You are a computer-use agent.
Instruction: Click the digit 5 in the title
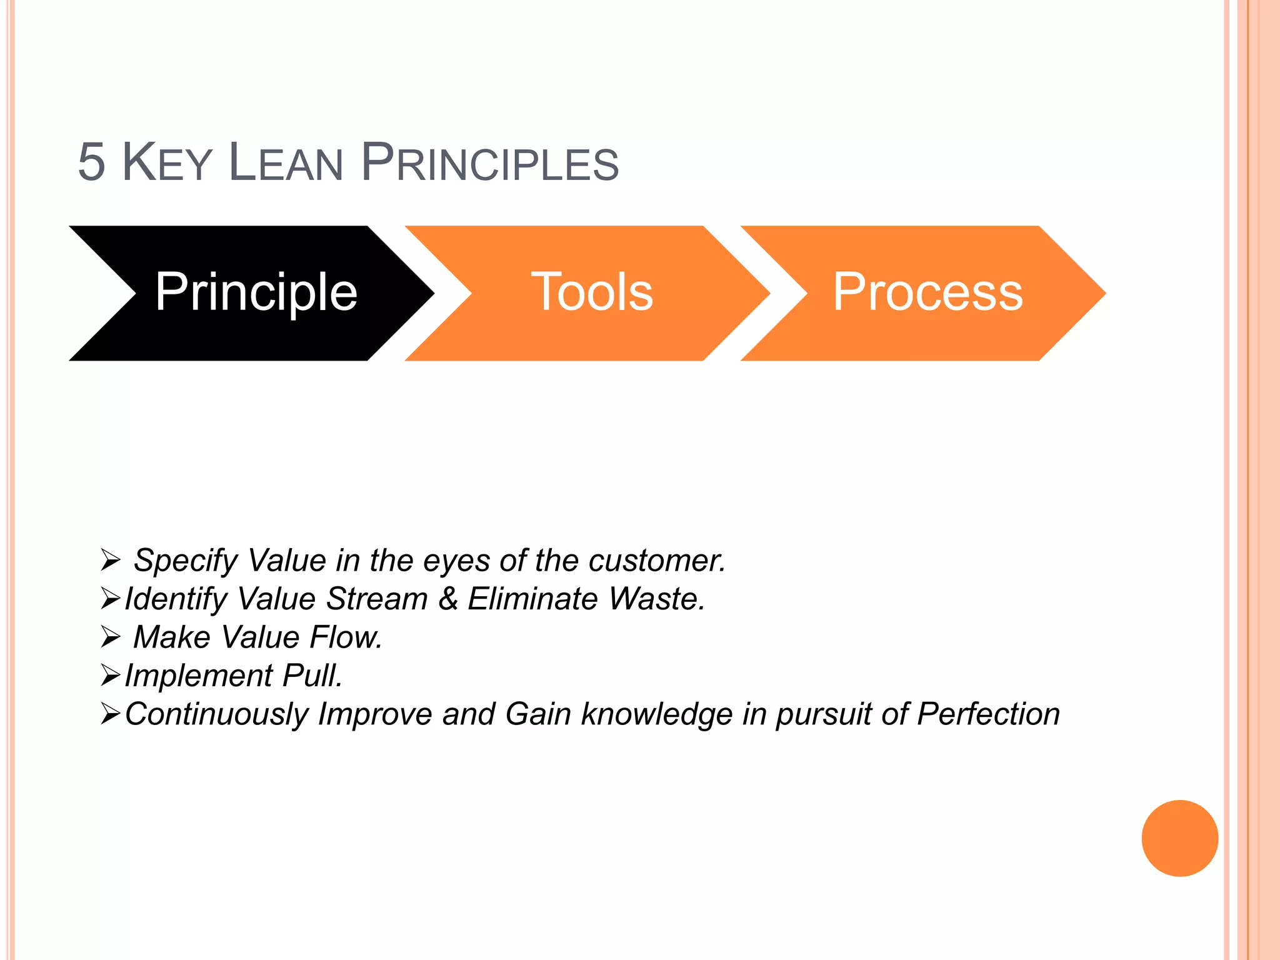click(x=91, y=162)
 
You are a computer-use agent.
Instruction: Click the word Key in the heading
click(x=167, y=162)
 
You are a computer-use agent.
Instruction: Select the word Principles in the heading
click(x=489, y=162)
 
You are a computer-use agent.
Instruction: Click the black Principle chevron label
click(x=256, y=292)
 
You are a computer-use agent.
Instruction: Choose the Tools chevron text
click(x=592, y=292)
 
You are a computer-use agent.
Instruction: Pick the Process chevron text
click(x=927, y=292)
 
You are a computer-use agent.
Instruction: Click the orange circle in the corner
click(x=1179, y=838)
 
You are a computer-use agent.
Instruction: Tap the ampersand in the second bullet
click(x=448, y=599)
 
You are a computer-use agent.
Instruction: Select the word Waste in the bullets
click(x=656, y=599)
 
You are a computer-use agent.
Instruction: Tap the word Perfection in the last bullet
click(x=988, y=714)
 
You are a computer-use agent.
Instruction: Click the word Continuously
click(x=216, y=714)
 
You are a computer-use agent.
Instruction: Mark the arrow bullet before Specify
click(x=110, y=560)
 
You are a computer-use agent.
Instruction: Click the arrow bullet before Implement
click(x=110, y=676)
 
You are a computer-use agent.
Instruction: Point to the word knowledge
click(x=656, y=714)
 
